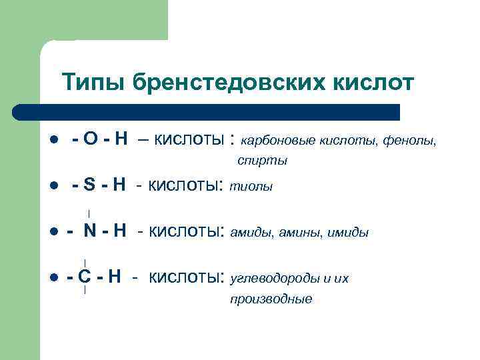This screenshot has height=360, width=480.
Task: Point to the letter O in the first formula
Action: click(91, 140)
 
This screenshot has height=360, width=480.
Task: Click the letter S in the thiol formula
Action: click(90, 185)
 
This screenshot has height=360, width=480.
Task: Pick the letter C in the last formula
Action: click(84, 277)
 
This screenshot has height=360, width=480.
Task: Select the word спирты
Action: click(262, 161)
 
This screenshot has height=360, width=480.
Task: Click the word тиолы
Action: click(251, 187)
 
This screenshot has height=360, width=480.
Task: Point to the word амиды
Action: click(250, 233)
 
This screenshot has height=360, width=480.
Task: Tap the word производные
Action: click(271, 299)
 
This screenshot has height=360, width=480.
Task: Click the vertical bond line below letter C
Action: click(85, 290)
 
